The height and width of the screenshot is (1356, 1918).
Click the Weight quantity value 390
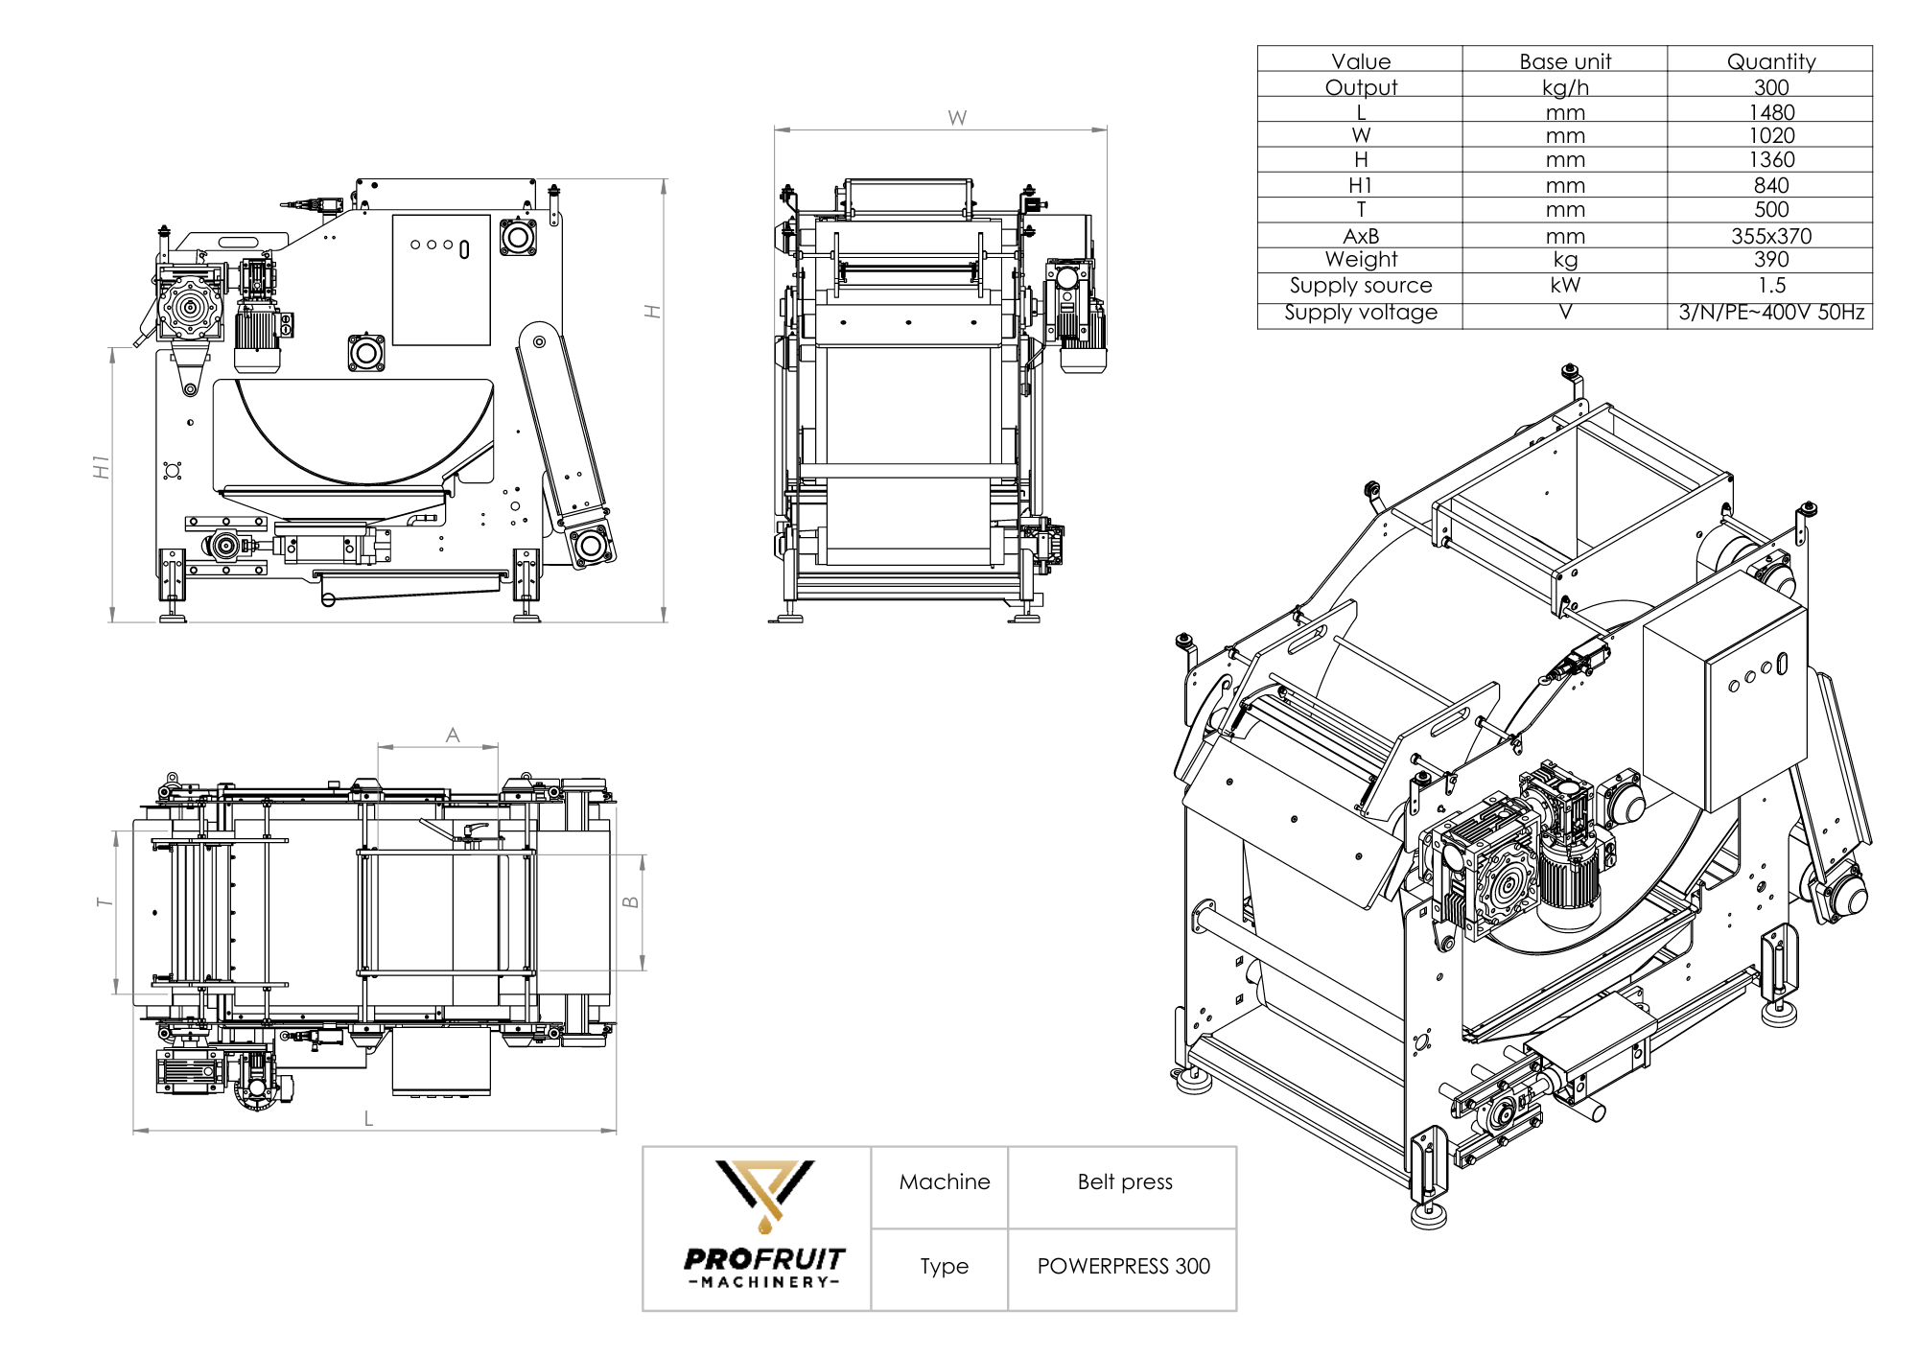tap(1770, 260)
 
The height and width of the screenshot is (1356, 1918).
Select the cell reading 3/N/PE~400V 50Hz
tap(1770, 313)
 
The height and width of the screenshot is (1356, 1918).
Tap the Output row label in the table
tap(1360, 87)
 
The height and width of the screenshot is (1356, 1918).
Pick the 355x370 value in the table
tap(1770, 236)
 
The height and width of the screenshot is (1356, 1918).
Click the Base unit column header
tap(1565, 61)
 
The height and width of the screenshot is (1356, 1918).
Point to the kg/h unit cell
tap(1565, 87)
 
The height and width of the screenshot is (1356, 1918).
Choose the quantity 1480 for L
tap(1770, 112)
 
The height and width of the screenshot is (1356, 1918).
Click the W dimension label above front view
tap(957, 118)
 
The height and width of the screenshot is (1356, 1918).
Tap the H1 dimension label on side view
tap(102, 467)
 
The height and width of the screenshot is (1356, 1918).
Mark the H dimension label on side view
tap(653, 312)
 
